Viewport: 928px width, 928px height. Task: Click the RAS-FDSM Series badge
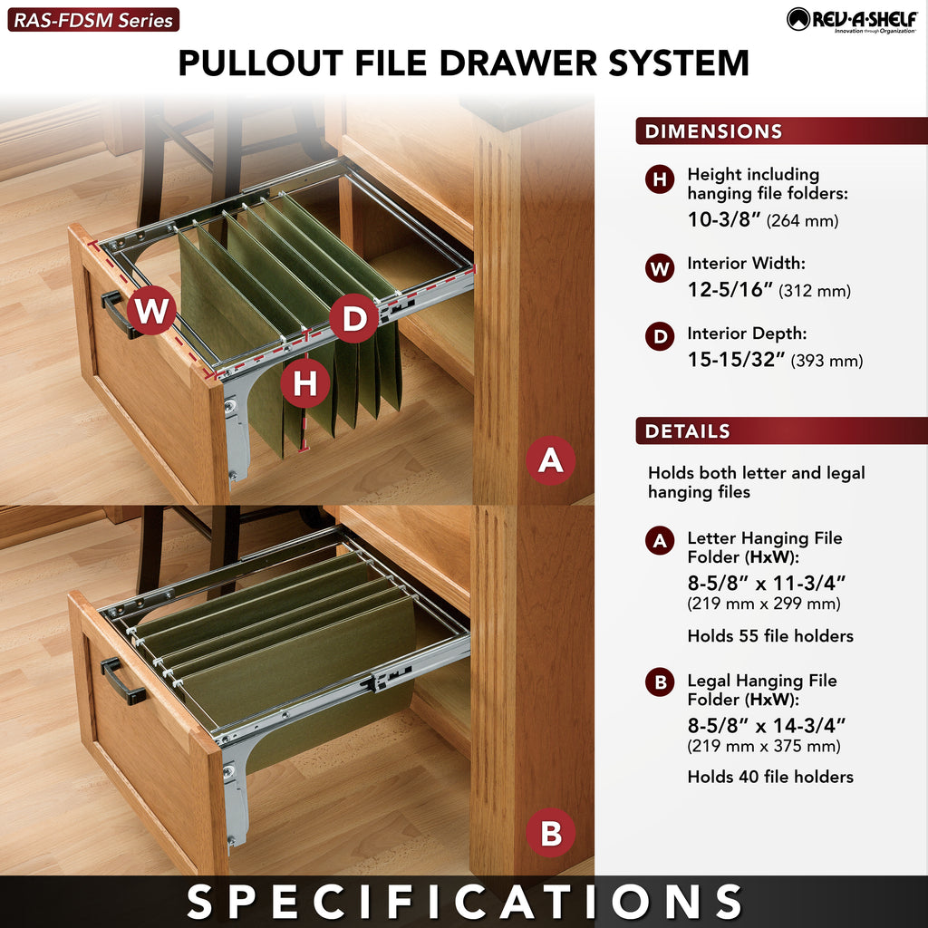[x=93, y=20]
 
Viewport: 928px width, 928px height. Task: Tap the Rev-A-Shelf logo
[x=852, y=20]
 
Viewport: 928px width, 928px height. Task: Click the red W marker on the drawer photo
[x=151, y=310]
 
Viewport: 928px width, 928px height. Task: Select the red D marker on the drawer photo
[x=354, y=318]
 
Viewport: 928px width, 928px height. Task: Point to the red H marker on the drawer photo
[x=304, y=383]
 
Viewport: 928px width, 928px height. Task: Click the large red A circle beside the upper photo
[x=550, y=460]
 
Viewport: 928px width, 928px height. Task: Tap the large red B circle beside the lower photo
[x=550, y=833]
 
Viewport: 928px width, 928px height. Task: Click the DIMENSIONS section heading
[x=713, y=130]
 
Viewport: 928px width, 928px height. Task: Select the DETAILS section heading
[x=687, y=430]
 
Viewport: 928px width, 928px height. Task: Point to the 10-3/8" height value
[x=723, y=219]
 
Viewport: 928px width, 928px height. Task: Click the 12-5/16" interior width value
[x=730, y=289]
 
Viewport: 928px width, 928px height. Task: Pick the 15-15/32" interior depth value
[x=736, y=359]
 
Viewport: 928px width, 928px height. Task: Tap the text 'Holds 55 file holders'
[x=770, y=635]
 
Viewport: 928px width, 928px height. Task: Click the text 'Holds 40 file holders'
[x=770, y=777]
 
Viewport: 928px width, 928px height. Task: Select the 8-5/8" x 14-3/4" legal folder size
[x=767, y=725]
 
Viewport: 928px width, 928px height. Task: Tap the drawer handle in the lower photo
[x=122, y=681]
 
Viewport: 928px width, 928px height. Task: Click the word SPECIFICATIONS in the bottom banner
[x=464, y=902]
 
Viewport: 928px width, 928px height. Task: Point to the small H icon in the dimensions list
[x=660, y=179]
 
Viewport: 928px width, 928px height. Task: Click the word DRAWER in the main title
[x=517, y=63]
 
